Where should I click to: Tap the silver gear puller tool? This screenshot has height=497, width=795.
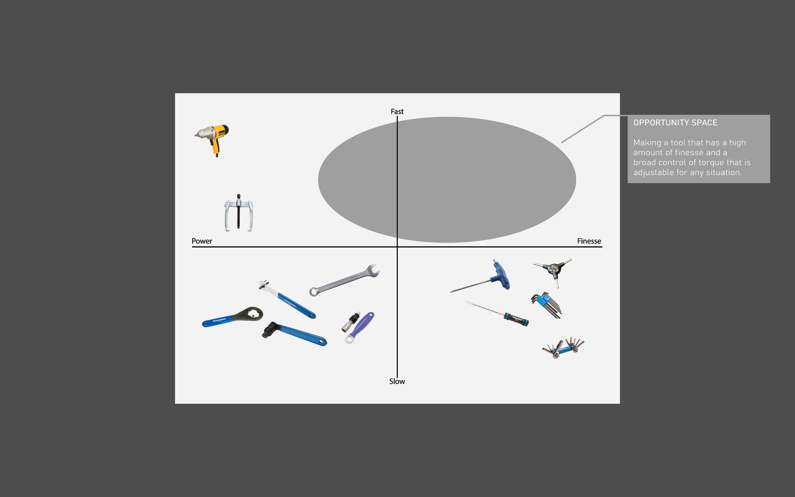click(x=238, y=213)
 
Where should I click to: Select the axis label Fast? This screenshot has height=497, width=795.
click(x=397, y=112)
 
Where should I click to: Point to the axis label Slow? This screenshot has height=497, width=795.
click(x=397, y=381)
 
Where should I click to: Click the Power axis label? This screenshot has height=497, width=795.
click(x=202, y=241)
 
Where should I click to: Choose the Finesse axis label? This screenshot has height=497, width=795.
click(x=589, y=241)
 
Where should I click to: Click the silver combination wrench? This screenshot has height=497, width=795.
click(x=343, y=281)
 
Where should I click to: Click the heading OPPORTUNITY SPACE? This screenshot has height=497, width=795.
click(x=675, y=123)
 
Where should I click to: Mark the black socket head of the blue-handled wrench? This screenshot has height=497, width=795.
click(x=269, y=329)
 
